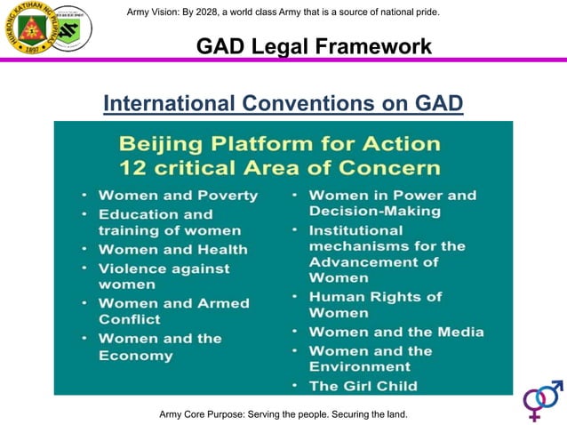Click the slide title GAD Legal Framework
pos(314,45)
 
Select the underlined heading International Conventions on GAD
pos(283,104)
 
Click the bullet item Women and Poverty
pos(178,195)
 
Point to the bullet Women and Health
pos(172,250)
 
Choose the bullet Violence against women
pos(164,277)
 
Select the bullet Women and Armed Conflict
pos(173,311)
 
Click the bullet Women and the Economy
pos(160,347)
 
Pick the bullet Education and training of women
pos(156,222)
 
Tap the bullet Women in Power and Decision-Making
pos(392,203)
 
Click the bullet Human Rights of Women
pos(375,305)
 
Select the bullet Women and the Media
pos(395,332)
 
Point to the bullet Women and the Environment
pos(371,358)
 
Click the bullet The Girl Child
pos(363,386)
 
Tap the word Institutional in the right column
pos(355,230)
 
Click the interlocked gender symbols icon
pos(542,400)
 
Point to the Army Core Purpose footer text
pos(283,414)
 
